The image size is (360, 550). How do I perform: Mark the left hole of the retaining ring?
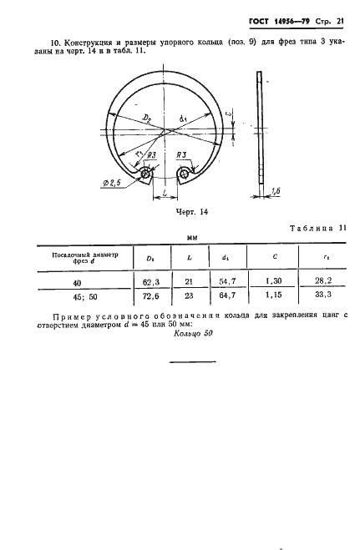pyautogui.click(x=147, y=174)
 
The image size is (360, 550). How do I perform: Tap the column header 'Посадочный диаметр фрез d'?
pyautogui.click(x=79, y=258)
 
